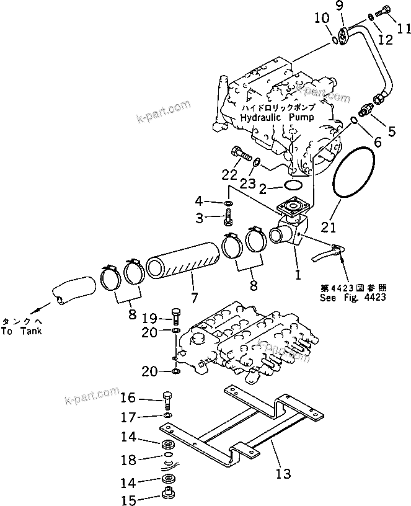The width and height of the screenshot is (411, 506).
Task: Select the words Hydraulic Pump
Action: [x=277, y=117]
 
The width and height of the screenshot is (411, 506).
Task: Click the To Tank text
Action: [x=21, y=332]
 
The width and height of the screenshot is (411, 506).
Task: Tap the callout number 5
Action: [x=391, y=131]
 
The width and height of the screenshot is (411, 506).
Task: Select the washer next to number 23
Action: [x=255, y=164]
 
